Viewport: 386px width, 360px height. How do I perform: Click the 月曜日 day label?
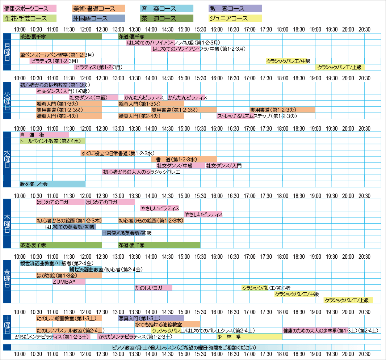pyautogui.click(x=7, y=52)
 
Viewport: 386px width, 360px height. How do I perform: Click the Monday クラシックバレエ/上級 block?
pyautogui.click(x=340, y=67)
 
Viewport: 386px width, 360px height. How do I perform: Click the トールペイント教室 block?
pyautogui.click(x=53, y=141)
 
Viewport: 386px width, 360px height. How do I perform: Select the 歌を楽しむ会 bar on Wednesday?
pyautogui.click(x=53, y=184)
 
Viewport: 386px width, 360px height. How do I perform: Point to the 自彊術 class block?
pyautogui.click(x=44, y=135)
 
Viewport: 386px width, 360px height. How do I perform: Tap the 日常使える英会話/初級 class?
pyautogui.click(x=127, y=233)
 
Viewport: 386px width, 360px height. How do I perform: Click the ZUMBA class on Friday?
pyautogui.click(x=69, y=281)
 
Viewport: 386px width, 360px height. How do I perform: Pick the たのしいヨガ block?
pyautogui.click(x=153, y=288)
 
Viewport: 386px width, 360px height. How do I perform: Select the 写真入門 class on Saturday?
pyautogui.click(x=151, y=318)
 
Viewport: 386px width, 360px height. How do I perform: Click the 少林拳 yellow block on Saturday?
pyautogui.click(x=249, y=337)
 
